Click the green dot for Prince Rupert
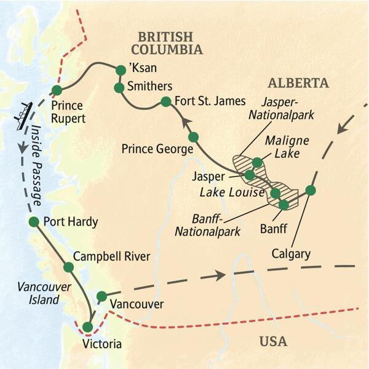[x=57, y=90]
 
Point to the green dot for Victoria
[x=90, y=327]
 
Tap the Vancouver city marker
[x=102, y=296]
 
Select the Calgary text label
[x=291, y=253]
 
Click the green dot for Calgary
[x=311, y=190]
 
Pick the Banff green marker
[x=284, y=205]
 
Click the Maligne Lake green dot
[x=258, y=162]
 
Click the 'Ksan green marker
[x=121, y=71]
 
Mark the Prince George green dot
[x=193, y=137]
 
